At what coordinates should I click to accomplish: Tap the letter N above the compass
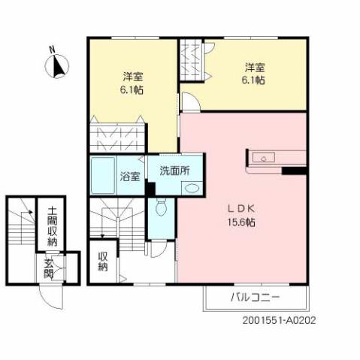(x=52, y=50)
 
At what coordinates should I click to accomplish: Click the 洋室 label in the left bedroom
(x=134, y=77)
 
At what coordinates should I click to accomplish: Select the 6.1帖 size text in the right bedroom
(x=253, y=79)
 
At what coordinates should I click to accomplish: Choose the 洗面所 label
(x=174, y=170)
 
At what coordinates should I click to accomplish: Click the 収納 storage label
(x=103, y=261)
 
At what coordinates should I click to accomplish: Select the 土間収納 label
(x=51, y=226)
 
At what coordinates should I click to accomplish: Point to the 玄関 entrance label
(x=48, y=268)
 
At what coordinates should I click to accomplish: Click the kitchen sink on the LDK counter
(x=265, y=158)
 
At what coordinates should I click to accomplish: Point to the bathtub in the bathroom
(x=103, y=177)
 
